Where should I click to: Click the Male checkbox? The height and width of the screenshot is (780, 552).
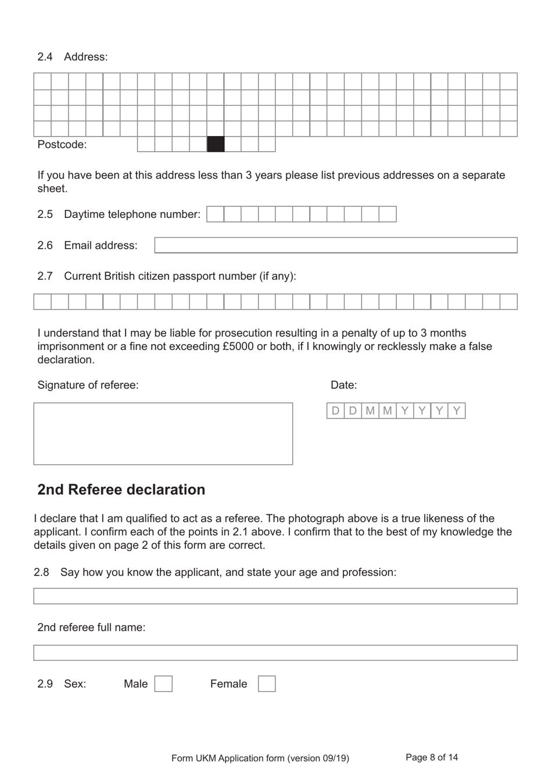163,684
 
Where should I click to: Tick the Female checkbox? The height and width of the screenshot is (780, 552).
267,684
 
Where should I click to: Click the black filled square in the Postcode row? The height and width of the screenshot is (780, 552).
216,144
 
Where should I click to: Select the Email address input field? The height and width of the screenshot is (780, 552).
336,245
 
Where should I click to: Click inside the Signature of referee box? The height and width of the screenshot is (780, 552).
163,434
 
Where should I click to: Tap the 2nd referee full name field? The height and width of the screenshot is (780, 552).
275,653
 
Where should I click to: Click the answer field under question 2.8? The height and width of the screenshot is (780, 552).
275,596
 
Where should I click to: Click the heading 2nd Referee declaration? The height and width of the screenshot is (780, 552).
121,489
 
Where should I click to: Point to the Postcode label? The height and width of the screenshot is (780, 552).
62,145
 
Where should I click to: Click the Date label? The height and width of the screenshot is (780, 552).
343,385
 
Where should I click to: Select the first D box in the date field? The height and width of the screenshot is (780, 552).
335,411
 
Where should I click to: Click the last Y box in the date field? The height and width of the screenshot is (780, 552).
457,411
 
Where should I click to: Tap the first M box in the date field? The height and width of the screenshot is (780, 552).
370,411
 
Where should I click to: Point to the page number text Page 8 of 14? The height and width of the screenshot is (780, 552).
432,757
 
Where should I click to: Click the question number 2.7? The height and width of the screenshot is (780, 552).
45,276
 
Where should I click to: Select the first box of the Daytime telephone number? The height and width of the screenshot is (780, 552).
216,214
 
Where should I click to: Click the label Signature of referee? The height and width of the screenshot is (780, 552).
88,385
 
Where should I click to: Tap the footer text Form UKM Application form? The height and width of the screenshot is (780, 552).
260,758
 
